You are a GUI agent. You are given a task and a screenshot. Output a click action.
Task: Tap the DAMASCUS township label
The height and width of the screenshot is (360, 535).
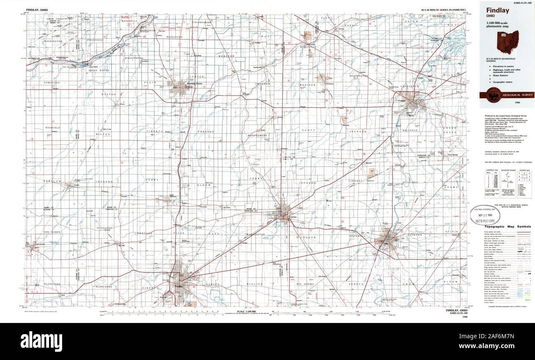click(52, 83)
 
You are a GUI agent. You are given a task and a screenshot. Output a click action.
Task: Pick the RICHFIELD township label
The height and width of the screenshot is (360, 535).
click(53, 128)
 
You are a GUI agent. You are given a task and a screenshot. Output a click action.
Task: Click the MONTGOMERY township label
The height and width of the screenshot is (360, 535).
click(258, 135)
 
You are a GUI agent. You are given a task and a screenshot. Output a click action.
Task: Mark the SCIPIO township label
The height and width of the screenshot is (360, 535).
click(451, 232)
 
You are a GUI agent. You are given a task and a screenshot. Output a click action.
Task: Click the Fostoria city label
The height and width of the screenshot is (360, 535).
click(291, 217)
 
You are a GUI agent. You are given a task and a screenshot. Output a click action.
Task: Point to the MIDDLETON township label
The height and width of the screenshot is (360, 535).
click(174, 37)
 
